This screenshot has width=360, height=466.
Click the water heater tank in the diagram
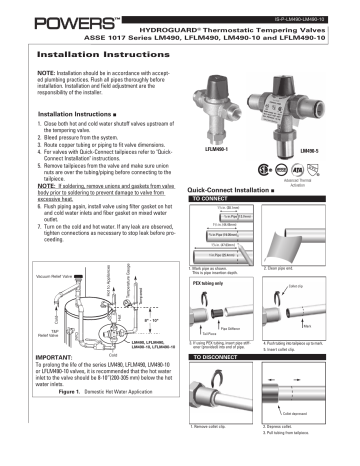(x=80, y=320)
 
